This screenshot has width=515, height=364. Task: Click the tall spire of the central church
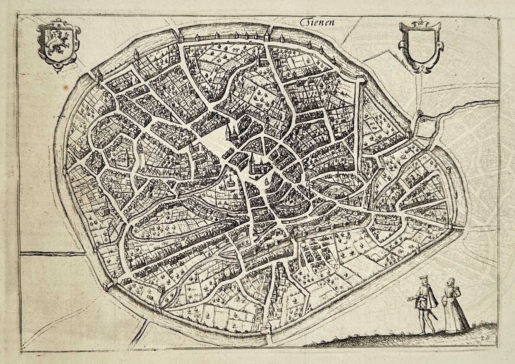(x=253, y=158)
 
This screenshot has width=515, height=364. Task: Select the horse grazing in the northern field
(x=236, y=50)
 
